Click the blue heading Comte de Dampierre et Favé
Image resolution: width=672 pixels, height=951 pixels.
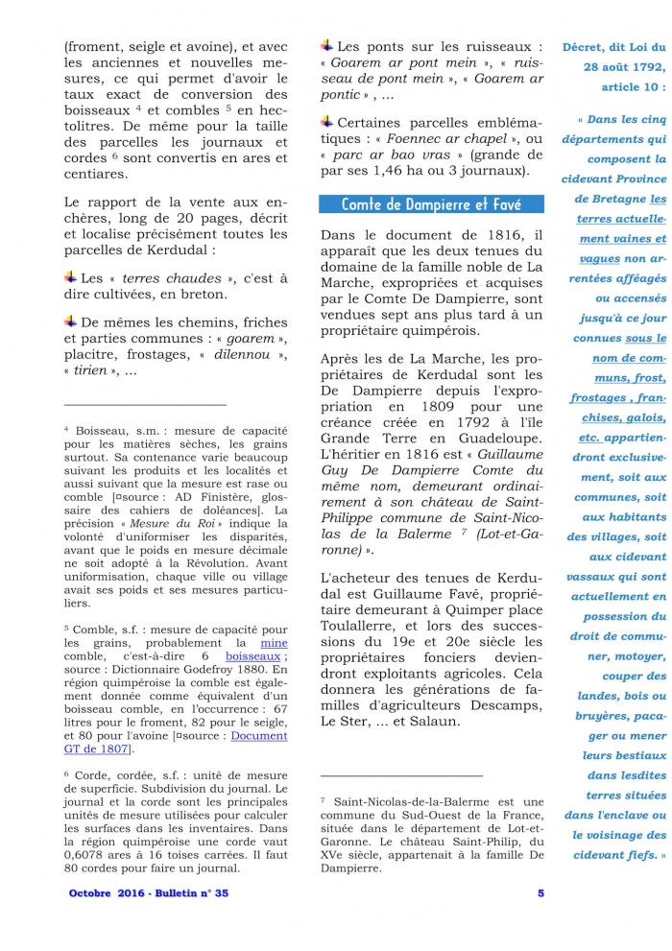pos(430,204)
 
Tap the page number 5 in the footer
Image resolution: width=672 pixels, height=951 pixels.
pos(540,893)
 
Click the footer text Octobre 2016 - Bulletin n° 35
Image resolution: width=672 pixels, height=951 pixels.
pos(149,893)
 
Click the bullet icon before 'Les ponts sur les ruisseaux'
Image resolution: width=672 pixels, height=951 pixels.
pos(326,45)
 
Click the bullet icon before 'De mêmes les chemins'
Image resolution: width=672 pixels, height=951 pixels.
pos(71,321)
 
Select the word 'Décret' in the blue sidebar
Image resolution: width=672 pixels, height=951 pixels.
pos(590,46)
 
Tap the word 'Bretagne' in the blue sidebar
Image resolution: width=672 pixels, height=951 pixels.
pos(630,199)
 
